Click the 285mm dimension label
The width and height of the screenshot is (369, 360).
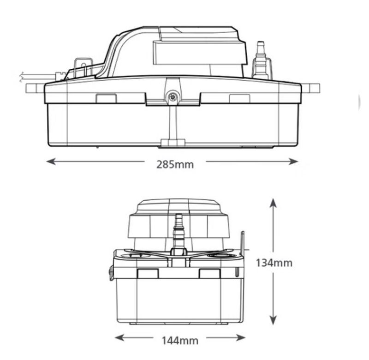click(175, 164)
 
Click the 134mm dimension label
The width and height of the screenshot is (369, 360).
click(274, 263)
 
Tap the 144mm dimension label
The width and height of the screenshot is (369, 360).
click(180, 341)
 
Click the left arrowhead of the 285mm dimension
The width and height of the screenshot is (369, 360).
click(51, 162)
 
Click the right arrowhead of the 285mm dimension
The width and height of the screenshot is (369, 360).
click(293, 162)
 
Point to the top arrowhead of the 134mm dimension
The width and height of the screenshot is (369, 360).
click(273, 203)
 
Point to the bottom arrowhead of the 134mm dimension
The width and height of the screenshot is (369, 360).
click(273, 320)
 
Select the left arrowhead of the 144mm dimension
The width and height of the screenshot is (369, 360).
click(120, 338)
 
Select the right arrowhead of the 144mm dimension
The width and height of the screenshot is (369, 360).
click(241, 338)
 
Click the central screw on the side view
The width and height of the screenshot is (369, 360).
click(173, 97)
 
